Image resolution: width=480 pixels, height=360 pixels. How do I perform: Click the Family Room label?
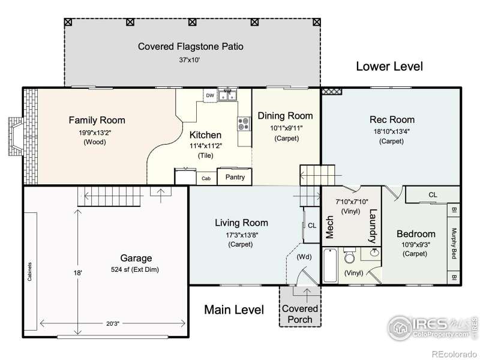(x=97, y=120)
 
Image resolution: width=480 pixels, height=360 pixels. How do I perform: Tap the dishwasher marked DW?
(x=210, y=95)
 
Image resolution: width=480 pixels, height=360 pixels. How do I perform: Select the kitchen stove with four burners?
(x=244, y=124)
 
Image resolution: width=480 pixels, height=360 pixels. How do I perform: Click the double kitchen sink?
(x=227, y=95)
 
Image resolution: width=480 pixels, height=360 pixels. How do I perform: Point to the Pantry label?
(x=235, y=177)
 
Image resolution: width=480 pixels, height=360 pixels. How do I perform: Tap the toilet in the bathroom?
(x=349, y=256)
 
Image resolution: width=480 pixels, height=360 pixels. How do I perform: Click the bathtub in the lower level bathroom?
(x=330, y=266)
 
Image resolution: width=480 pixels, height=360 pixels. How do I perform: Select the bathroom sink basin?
(x=374, y=253)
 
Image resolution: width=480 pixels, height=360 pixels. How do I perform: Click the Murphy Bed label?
(x=454, y=244)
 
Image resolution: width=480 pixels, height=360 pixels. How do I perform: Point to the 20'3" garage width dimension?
(x=113, y=323)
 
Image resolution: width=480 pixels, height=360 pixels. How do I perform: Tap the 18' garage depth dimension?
(x=78, y=272)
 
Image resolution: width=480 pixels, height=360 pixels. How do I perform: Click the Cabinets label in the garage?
(x=29, y=272)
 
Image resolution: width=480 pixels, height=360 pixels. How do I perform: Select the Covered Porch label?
(x=300, y=314)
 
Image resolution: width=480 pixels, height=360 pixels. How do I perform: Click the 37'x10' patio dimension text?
(x=190, y=60)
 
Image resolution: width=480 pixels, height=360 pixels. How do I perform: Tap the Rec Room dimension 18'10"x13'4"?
(x=392, y=131)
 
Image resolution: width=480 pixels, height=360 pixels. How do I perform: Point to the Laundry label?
(x=372, y=226)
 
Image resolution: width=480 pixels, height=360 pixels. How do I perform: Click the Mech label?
(x=329, y=227)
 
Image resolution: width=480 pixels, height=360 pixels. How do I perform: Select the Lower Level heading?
(x=389, y=67)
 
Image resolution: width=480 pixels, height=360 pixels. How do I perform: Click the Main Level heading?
(x=234, y=310)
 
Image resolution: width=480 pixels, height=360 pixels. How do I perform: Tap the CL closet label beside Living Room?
(x=312, y=226)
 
